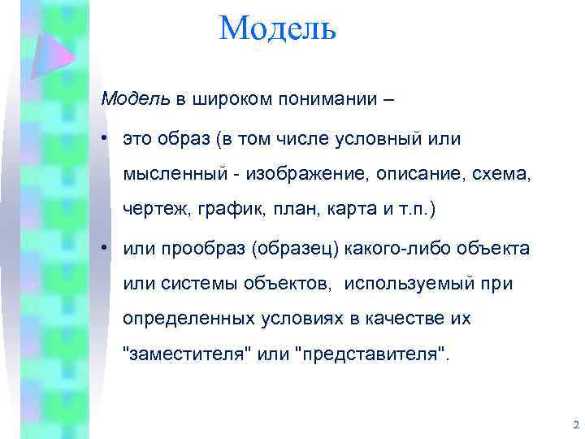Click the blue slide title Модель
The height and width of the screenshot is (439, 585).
[x=277, y=29]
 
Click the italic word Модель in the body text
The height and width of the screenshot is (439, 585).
[x=135, y=99]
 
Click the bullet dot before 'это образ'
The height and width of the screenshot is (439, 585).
[x=106, y=139]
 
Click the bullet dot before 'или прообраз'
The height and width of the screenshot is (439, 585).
[x=106, y=248]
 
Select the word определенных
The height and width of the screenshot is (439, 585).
[x=178, y=319]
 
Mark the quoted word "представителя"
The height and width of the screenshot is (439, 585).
[x=373, y=355]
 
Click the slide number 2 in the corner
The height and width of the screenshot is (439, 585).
[x=575, y=425]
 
